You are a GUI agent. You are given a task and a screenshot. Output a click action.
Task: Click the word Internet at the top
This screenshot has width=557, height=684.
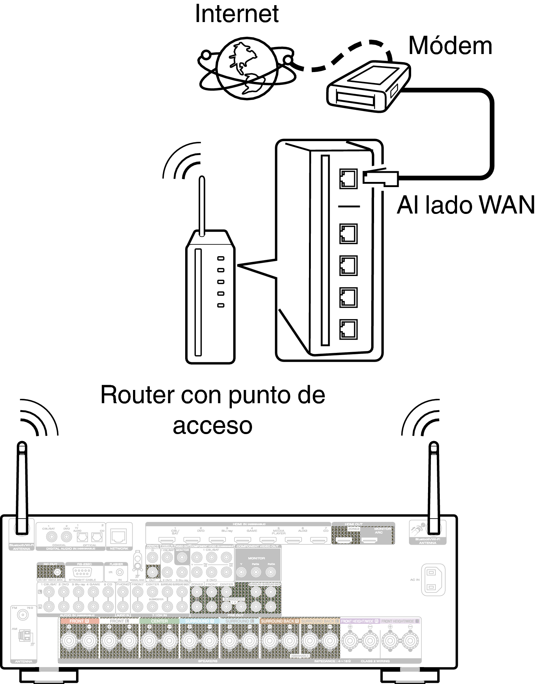pyautogui.click(x=237, y=14)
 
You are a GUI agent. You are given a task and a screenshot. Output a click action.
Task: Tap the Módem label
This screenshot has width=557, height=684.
pyautogui.click(x=450, y=46)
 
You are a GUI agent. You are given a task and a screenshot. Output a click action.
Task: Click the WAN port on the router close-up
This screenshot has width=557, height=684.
pyautogui.click(x=348, y=179)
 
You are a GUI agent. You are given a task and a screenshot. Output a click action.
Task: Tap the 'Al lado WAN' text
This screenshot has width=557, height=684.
pyautogui.click(x=466, y=205)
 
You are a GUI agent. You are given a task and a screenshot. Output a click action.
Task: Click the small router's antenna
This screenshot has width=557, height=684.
pyautogui.click(x=201, y=206)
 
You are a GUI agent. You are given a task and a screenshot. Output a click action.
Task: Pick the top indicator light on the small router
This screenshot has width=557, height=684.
pyautogui.click(x=221, y=259)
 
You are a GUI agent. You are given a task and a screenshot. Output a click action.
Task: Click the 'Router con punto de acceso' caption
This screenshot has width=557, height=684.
pyautogui.click(x=213, y=409)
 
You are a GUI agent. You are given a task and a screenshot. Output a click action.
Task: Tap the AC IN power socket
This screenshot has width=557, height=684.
pyautogui.click(x=432, y=580)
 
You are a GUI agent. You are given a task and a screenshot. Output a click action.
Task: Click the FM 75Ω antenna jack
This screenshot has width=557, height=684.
pyautogui.click(x=24, y=615)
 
